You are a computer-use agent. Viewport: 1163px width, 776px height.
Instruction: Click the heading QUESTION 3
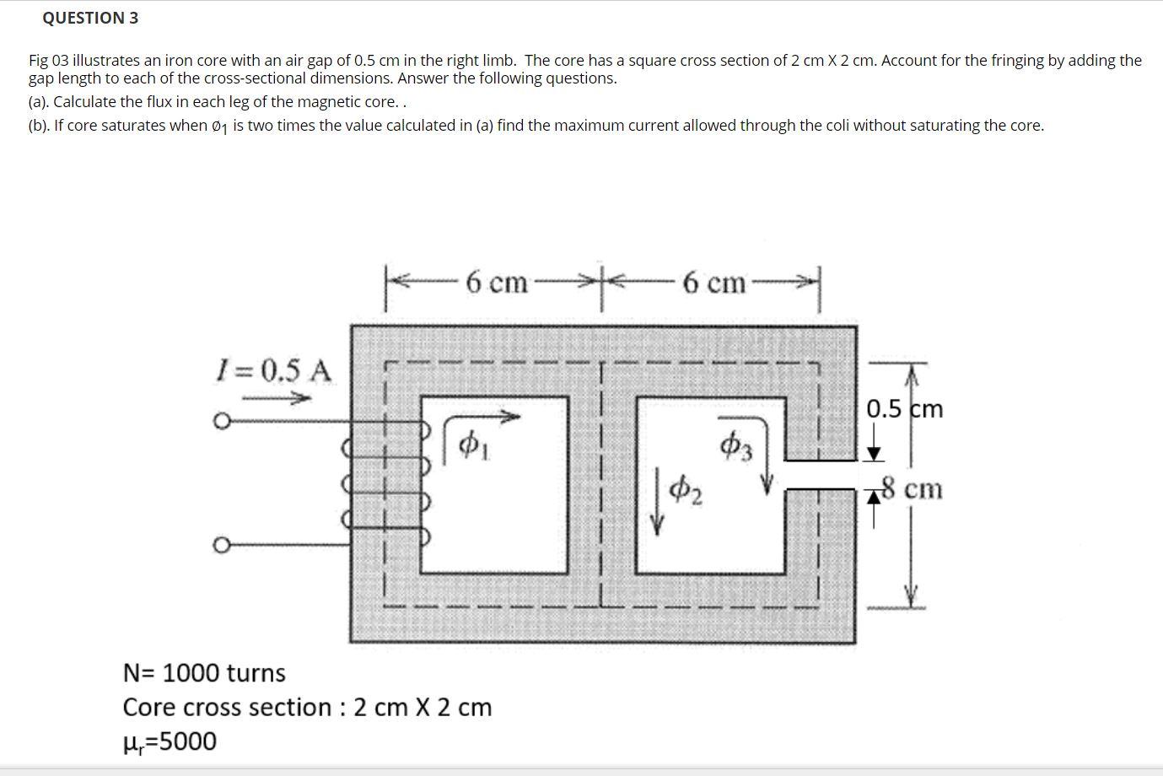pyautogui.click(x=90, y=18)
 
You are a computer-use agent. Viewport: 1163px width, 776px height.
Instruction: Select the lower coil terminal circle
pyautogui.click(x=221, y=546)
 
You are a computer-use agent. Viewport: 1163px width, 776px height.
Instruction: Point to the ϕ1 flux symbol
pyautogui.click(x=473, y=444)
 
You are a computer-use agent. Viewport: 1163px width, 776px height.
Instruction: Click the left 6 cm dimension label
pyautogui.click(x=496, y=282)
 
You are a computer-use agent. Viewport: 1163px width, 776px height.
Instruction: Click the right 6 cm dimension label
pyautogui.click(x=714, y=282)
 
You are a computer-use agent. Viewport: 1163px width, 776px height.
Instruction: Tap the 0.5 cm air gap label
pyautogui.click(x=905, y=409)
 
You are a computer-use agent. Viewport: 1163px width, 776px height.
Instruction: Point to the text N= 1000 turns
pyautogui.click(x=204, y=673)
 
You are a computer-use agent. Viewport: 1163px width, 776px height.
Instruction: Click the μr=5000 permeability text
pyautogui.click(x=170, y=741)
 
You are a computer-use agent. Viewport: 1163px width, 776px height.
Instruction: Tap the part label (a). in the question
pyautogui.click(x=39, y=102)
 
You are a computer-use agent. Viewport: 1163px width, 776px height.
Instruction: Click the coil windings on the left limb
pyautogui.click(x=386, y=477)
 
